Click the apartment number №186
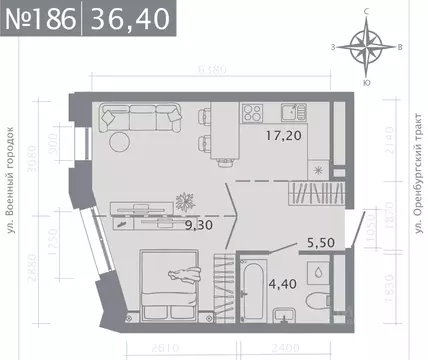[x=39, y=18]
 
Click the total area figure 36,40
[x=126, y=18]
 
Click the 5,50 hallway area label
[x=290, y=240]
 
